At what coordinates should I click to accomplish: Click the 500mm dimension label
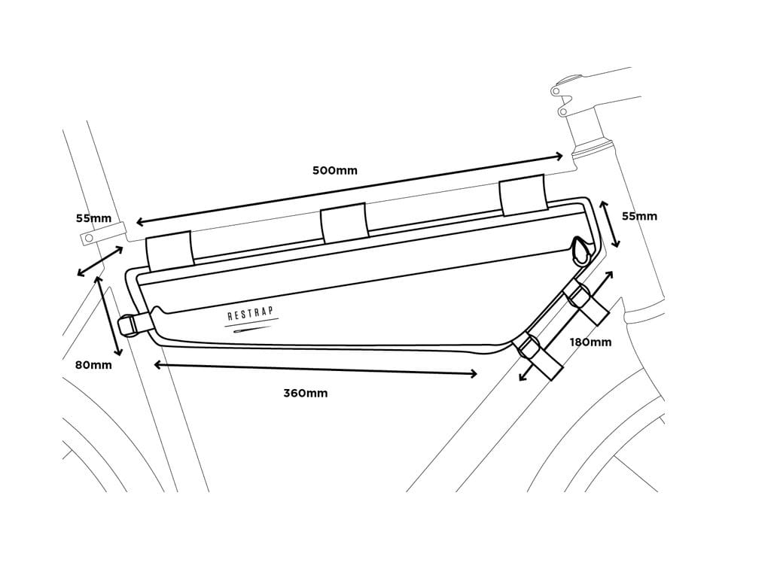click(335, 170)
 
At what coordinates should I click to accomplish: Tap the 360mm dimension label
click(305, 393)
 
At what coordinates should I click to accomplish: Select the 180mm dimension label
click(590, 342)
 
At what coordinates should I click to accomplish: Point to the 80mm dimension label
click(93, 365)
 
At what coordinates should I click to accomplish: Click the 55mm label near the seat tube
click(93, 219)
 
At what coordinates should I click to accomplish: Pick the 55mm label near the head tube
click(638, 216)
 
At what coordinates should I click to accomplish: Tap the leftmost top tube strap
click(169, 251)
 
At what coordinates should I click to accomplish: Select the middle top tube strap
click(343, 223)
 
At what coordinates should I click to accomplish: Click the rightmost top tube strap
click(522, 195)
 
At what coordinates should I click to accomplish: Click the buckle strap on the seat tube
click(133, 325)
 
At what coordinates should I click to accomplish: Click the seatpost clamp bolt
click(89, 238)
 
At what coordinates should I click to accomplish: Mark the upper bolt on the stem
click(556, 91)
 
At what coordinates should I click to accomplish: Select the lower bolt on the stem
click(561, 111)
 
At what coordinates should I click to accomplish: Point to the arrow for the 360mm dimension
click(315, 370)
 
